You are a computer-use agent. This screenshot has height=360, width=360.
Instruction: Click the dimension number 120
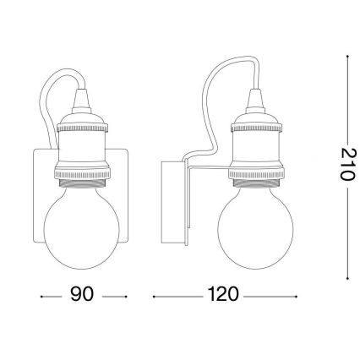pyautogui.click(x=222, y=297)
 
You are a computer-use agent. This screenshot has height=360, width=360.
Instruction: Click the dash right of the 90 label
pyautogui.click(x=117, y=297)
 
